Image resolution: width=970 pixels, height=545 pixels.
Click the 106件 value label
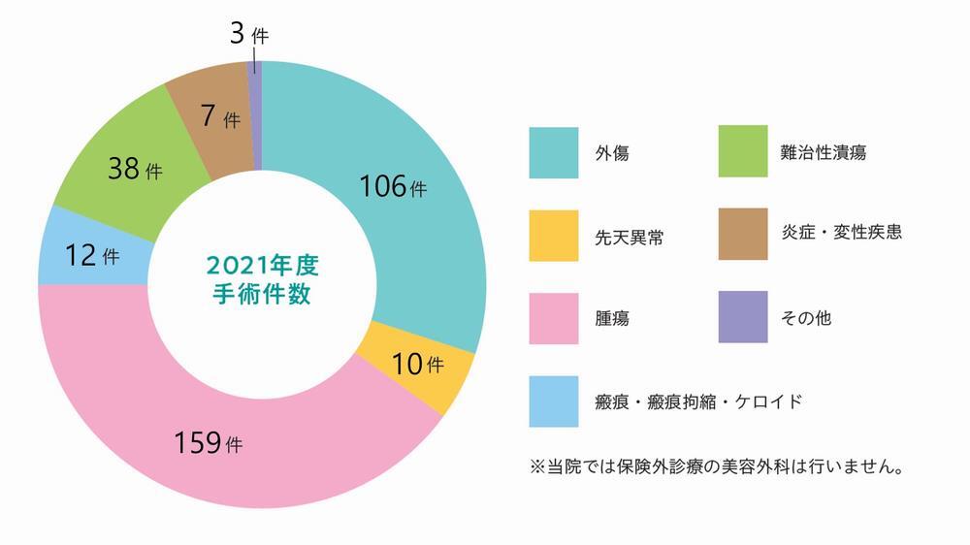[393, 186]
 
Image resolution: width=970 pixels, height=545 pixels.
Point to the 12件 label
[92, 257]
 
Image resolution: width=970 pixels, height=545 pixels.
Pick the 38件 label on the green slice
[137, 171]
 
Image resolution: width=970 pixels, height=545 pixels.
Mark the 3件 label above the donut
[246, 36]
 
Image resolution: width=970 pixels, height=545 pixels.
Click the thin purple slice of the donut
[255, 116]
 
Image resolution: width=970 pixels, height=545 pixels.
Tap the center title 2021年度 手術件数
[262, 279]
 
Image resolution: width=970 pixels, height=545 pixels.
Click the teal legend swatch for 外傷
[554, 153]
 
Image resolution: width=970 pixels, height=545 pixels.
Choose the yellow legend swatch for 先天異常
[554, 236]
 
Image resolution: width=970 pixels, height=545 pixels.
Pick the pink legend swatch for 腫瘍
[554, 318]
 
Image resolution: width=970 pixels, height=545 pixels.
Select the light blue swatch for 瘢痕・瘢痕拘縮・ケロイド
[554, 401]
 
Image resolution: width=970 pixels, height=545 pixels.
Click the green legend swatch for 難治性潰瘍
[743, 152]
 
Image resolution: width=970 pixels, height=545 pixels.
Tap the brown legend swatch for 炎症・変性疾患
[743, 235]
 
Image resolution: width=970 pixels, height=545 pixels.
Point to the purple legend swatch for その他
[743, 317]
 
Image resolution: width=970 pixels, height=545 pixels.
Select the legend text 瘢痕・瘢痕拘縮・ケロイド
[698, 401]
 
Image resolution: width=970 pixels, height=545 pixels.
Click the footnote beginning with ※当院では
[718, 467]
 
